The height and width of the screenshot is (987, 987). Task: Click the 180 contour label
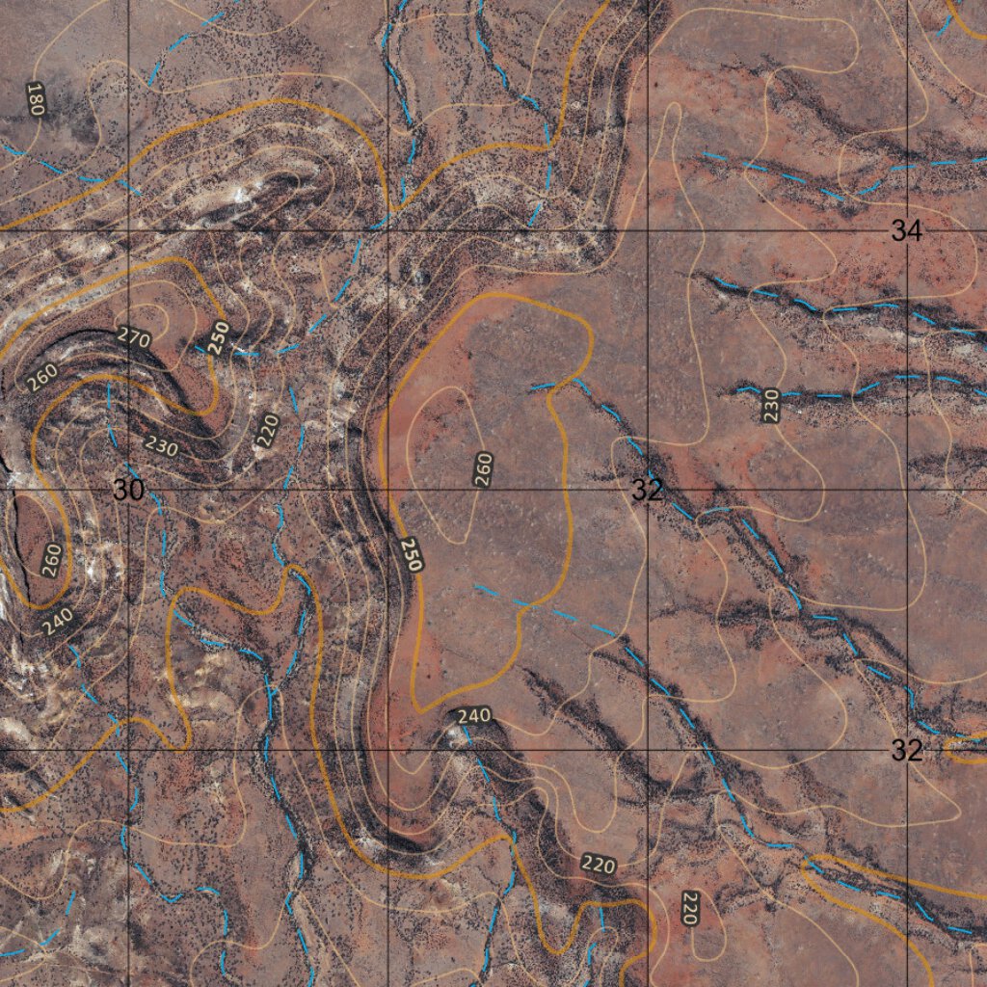(x=35, y=100)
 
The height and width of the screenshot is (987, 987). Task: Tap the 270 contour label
(x=133, y=336)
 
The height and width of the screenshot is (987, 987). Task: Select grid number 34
(x=906, y=231)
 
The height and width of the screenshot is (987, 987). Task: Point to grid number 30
(x=128, y=490)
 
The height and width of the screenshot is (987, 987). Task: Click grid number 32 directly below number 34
(x=906, y=750)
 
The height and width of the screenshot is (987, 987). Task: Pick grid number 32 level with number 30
(x=648, y=490)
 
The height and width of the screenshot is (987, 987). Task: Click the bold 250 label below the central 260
(x=412, y=554)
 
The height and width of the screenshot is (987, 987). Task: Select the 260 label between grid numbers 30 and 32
(x=483, y=468)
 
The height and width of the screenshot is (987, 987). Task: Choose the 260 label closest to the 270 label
(x=41, y=377)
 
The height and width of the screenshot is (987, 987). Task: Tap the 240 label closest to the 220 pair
(x=473, y=716)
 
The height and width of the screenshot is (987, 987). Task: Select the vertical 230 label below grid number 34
(x=770, y=405)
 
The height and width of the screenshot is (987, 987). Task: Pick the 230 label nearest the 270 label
(x=160, y=445)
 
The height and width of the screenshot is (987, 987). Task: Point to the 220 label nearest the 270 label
(x=268, y=430)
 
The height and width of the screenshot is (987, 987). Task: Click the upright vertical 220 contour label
(x=689, y=908)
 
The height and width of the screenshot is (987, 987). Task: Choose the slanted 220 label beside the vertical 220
(x=599, y=865)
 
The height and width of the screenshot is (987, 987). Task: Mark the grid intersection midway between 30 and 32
(x=387, y=490)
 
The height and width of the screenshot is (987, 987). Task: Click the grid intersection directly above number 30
(x=128, y=231)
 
